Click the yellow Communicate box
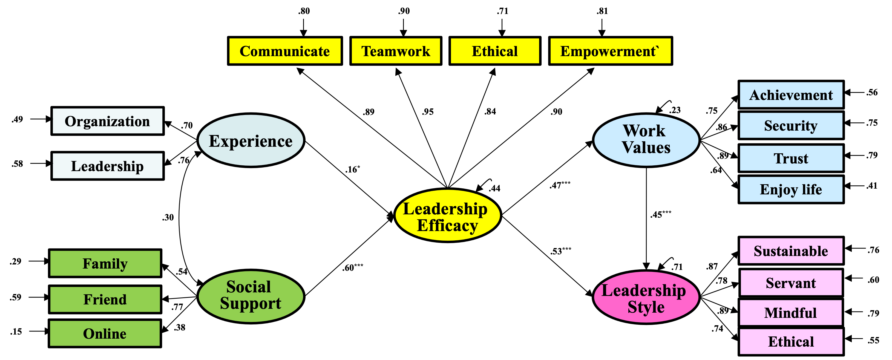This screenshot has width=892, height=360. [x=285, y=51]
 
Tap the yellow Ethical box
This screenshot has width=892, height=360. [x=495, y=51]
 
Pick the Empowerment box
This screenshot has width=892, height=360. [x=610, y=51]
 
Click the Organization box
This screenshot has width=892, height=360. [x=107, y=121]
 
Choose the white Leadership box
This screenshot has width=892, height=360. [x=107, y=166]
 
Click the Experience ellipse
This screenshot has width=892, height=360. [x=251, y=140]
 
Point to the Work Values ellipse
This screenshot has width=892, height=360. [x=646, y=140]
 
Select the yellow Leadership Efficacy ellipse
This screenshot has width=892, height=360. [x=447, y=215]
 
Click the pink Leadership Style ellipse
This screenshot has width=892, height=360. [x=646, y=297]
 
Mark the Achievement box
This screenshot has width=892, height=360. [x=791, y=94]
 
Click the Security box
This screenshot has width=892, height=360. [x=791, y=125]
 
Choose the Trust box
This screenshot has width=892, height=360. [x=791, y=158]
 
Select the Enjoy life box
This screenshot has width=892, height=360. [x=791, y=189]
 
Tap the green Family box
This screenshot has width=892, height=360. [x=105, y=263]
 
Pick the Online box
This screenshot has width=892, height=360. [x=105, y=333]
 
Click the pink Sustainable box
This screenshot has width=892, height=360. [x=791, y=250]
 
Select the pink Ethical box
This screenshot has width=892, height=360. [x=791, y=341]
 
